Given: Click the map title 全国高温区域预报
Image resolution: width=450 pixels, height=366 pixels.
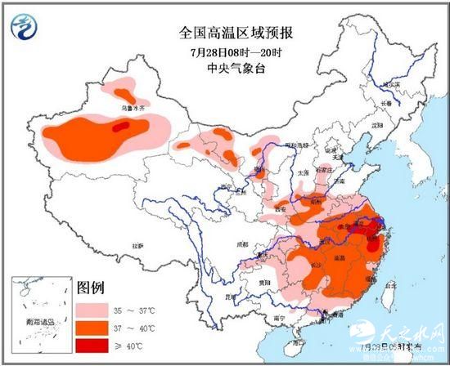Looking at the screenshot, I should tap(236, 33).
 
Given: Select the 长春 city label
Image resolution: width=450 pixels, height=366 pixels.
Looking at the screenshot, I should tap(385, 104).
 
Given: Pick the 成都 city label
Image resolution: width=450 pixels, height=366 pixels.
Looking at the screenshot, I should tap(243, 243).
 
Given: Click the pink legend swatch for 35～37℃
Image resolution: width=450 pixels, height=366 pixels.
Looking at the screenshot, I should tap(94, 311).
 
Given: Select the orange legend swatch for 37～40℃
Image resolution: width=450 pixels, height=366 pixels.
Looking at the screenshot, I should tap(94, 328).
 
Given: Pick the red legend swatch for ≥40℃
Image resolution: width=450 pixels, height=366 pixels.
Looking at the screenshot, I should tap(94, 346).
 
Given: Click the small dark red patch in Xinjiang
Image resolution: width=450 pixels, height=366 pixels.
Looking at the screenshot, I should tap(120, 127).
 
